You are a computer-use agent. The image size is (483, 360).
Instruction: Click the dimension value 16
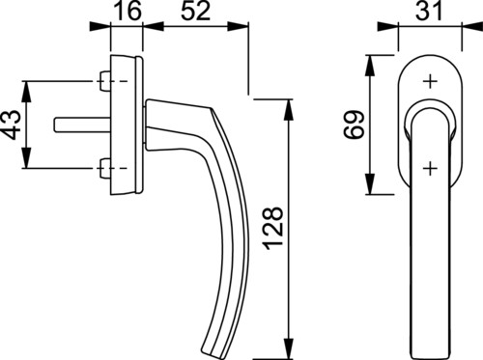[x=128, y=11]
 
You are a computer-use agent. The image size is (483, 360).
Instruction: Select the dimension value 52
[x=195, y=11]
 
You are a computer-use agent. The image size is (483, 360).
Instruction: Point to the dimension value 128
[x=273, y=229]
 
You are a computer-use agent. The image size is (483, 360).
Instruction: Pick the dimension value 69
[x=354, y=125]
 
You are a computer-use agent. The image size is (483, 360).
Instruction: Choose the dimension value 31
[x=428, y=11]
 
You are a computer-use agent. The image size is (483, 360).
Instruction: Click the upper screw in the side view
[x=104, y=81]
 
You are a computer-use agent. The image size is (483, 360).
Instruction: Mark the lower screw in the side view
[x=104, y=168]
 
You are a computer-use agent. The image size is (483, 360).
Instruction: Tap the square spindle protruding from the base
[x=82, y=125]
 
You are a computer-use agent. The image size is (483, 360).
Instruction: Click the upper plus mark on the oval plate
[x=430, y=81]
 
